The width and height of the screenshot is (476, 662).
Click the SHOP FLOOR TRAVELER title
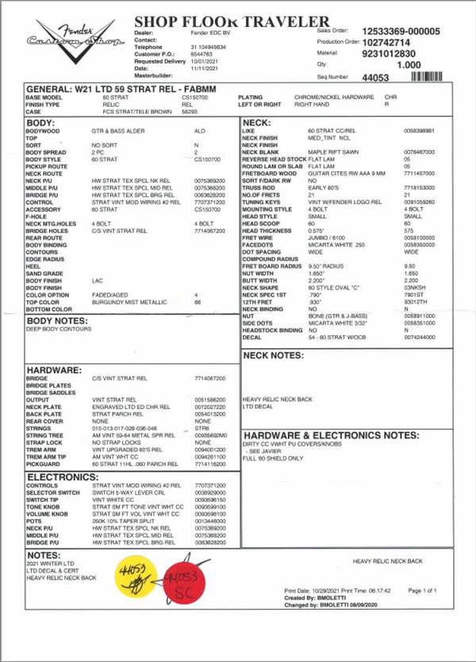tap(230, 21)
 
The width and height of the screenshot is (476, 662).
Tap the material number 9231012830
tap(387, 53)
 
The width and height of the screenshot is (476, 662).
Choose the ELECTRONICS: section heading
tap(63, 477)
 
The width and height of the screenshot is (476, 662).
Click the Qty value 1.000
tap(408, 65)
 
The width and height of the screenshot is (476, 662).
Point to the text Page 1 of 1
tap(421, 591)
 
